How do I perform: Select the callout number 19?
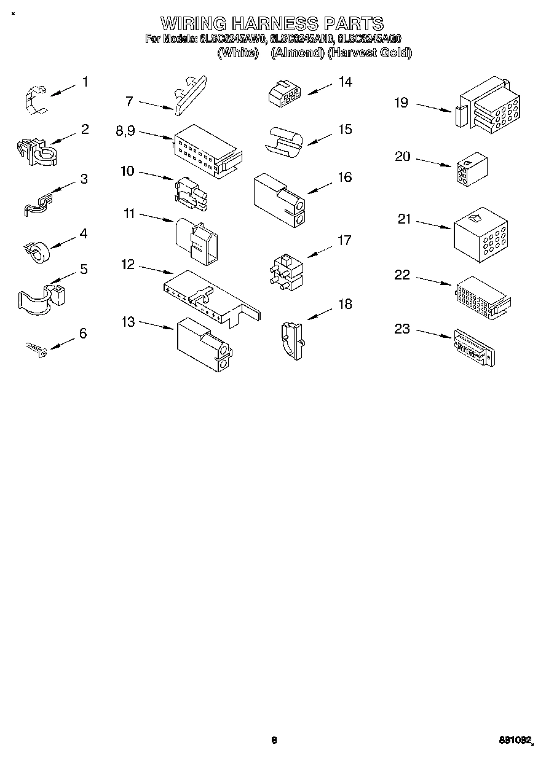coord(401,103)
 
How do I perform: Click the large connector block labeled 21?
coord(480,235)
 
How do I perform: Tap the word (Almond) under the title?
coord(298,53)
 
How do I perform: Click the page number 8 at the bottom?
coord(274,740)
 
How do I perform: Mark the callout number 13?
coord(128,321)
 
